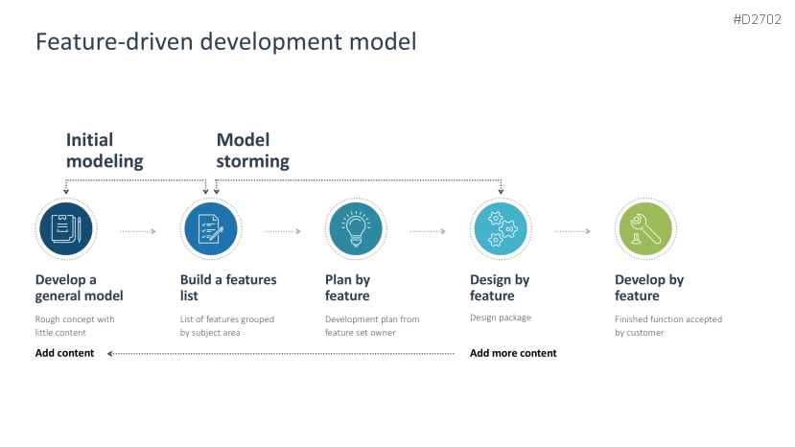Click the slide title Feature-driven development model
click(x=225, y=42)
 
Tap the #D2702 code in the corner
click(x=758, y=18)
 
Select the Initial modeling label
click(x=105, y=151)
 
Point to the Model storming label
click(x=252, y=151)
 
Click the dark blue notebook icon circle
click(x=66, y=228)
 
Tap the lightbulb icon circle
click(x=355, y=229)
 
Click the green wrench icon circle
click(x=644, y=229)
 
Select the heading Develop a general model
click(x=80, y=288)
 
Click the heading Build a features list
click(x=228, y=288)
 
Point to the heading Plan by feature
click(x=347, y=288)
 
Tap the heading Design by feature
click(x=500, y=288)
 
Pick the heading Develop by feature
click(x=649, y=288)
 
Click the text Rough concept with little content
click(x=75, y=326)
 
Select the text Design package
click(x=500, y=318)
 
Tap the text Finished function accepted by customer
click(x=668, y=326)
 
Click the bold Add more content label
click(x=513, y=353)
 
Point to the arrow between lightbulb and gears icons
click(x=428, y=231)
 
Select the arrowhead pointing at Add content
click(x=111, y=354)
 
